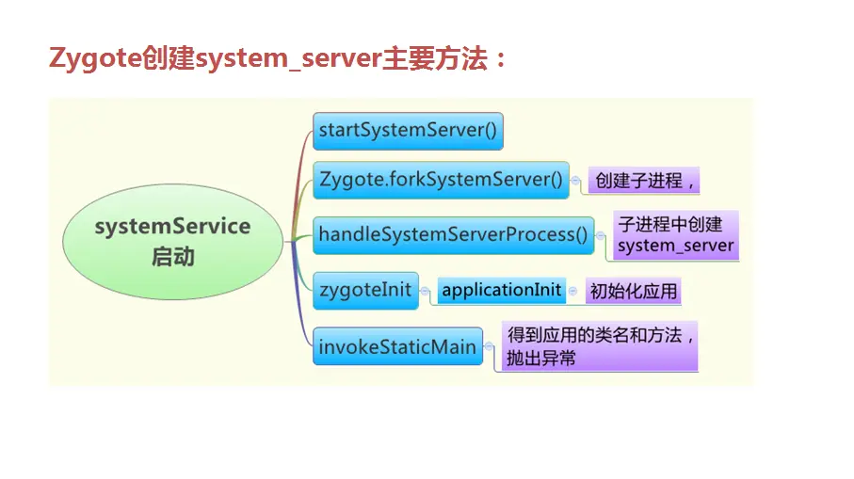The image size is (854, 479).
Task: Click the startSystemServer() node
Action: point(408,130)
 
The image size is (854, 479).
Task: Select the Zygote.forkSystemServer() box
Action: point(441,179)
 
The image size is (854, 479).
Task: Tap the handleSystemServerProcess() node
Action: point(453,234)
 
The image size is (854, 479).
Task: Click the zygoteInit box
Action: point(365,290)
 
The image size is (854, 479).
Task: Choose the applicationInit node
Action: point(501,290)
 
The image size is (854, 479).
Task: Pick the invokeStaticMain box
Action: point(397,346)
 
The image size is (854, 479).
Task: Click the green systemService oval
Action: point(173,241)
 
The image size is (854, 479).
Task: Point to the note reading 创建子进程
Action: point(644,181)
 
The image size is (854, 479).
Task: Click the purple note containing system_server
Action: point(674,235)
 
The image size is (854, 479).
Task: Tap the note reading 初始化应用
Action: point(633,291)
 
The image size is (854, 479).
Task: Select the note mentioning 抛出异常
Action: point(600,346)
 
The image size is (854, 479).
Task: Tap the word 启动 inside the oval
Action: point(173,256)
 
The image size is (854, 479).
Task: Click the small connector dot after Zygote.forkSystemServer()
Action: point(575,180)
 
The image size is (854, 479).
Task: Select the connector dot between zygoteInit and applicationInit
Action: point(426,292)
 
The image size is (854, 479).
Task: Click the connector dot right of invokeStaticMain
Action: point(490,347)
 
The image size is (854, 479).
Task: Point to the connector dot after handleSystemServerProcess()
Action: point(601,235)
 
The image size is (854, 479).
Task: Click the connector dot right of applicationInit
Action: point(573,292)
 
